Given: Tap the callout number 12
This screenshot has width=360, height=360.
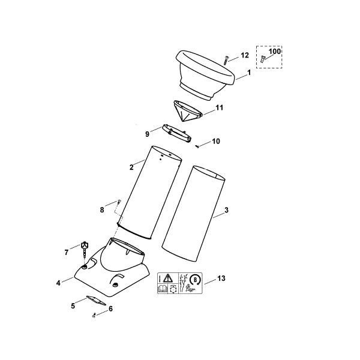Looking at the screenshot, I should click(x=245, y=55).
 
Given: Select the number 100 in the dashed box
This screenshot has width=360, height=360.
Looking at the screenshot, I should click(x=274, y=52).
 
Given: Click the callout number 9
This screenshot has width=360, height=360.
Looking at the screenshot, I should click(x=147, y=133).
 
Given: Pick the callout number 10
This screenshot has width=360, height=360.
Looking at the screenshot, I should click(x=216, y=142).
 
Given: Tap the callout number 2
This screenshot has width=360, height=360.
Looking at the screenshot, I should click(x=131, y=167).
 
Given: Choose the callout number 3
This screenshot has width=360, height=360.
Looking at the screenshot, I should click(x=226, y=211).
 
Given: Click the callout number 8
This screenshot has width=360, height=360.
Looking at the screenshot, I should click(x=102, y=210).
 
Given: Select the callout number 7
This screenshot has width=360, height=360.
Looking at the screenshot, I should click(x=67, y=253).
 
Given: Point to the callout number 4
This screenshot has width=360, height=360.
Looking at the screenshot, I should click(x=58, y=282).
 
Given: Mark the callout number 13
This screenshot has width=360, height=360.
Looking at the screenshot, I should click(x=222, y=278).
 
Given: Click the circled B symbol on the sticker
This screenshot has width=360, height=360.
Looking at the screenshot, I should click(x=195, y=279).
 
